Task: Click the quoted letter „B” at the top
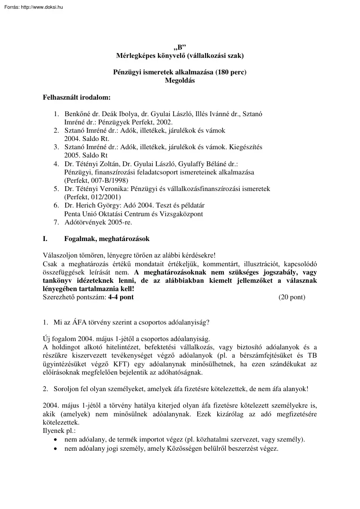pyautogui.click(x=180, y=47)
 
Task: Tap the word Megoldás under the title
pyautogui.click(x=180, y=80)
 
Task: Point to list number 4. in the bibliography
pyautogui.click(x=57, y=164)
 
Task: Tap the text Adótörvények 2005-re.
pyautogui.click(x=98, y=222)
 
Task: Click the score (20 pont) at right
pyautogui.click(x=291, y=297)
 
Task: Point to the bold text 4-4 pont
pyautogui.click(x=121, y=297)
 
